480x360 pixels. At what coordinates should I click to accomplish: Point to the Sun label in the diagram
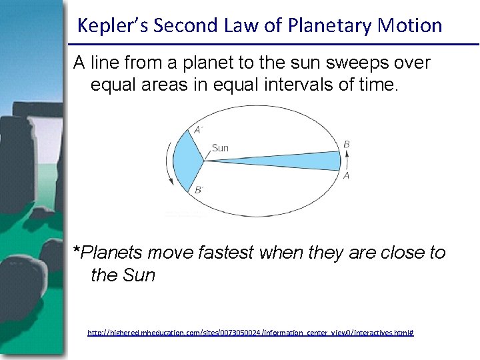click(x=220, y=148)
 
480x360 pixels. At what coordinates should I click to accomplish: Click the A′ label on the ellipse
click(x=198, y=130)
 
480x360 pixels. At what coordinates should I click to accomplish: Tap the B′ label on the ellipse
click(x=199, y=190)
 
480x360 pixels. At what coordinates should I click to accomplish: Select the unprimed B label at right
click(x=347, y=144)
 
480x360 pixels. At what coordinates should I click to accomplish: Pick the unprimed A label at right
click(x=347, y=176)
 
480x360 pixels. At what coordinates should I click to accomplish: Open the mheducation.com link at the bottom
click(x=251, y=332)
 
